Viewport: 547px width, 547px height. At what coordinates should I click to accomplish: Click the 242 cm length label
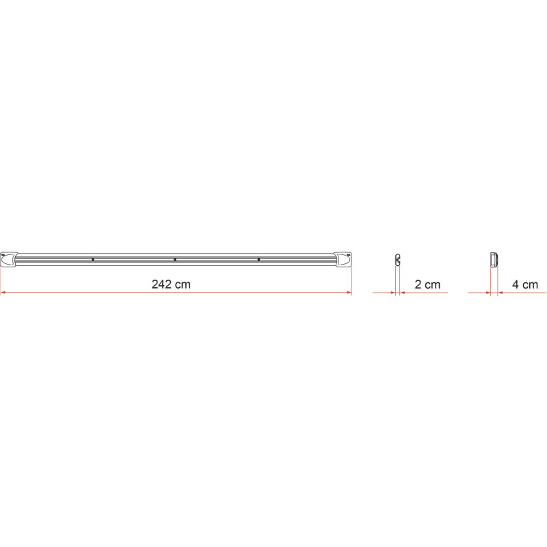click(171, 284)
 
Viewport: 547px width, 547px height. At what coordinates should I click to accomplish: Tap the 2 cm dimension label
click(427, 284)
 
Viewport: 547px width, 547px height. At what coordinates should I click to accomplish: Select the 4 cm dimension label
click(525, 284)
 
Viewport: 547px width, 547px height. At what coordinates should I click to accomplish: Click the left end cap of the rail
click(9, 260)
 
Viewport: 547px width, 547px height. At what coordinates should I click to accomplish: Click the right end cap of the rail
click(343, 260)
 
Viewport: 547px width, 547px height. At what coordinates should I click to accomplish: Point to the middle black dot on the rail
click(175, 260)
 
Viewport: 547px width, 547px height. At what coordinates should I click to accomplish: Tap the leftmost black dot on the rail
click(93, 260)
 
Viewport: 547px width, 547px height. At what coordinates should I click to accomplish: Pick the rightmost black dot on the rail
click(258, 260)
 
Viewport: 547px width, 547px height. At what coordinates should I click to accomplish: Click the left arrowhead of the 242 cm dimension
click(3, 293)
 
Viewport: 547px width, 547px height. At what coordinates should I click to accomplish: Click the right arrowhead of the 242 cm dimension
click(349, 293)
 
